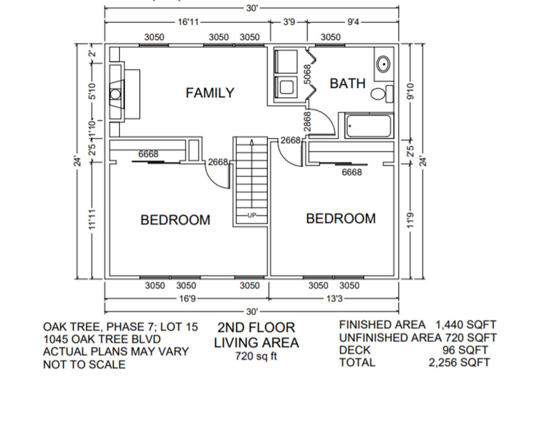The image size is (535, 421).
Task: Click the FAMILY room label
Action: (x=210, y=93)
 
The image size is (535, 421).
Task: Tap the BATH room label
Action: (x=347, y=83)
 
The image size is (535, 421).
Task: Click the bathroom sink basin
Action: (x=383, y=64)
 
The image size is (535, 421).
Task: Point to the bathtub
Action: (x=369, y=126)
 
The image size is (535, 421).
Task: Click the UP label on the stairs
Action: (x=252, y=215)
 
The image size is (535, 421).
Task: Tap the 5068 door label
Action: (x=307, y=74)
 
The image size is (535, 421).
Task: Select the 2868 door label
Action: (x=307, y=122)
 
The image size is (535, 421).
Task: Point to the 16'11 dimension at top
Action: (x=187, y=22)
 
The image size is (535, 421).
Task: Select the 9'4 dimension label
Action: (x=353, y=22)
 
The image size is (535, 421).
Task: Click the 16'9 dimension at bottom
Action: (x=186, y=299)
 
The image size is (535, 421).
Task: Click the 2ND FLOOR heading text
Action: (x=256, y=328)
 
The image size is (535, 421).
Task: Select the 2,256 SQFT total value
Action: (x=459, y=363)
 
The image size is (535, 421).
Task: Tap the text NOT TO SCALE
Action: (x=84, y=365)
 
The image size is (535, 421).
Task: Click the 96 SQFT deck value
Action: (x=465, y=350)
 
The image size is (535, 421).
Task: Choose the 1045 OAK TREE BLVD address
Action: (x=102, y=339)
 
